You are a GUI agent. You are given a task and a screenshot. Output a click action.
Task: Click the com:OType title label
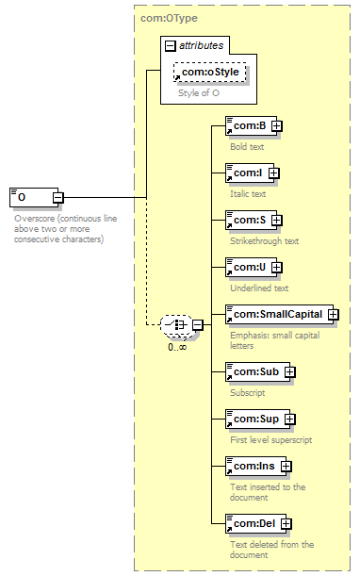(x=169, y=18)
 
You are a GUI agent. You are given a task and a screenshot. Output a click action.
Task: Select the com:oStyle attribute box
(x=210, y=72)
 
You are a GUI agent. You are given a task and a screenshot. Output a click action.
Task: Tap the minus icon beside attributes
(x=170, y=46)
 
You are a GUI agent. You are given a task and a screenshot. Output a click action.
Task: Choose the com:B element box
(x=252, y=126)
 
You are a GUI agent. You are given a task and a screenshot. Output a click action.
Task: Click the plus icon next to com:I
(x=274, y=173)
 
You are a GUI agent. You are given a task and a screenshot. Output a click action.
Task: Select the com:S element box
(x=252, y=220)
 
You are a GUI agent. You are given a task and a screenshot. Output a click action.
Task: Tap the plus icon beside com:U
(x=277, y=268)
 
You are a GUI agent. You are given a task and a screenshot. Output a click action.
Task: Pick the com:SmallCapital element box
(x=280, y=315)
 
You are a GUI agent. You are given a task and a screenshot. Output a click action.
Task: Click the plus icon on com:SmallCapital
(x=334, y=315)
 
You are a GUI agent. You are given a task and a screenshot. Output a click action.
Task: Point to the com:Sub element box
(x=258, y=371)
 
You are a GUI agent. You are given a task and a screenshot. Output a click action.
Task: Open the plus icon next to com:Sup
(x=290, y=420)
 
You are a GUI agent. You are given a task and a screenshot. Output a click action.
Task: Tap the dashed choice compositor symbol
(x=176, y=325)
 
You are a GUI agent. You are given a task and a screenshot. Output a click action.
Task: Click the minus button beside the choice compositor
(x=198, y=325)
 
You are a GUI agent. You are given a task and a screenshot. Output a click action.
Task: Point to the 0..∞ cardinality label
(x=177, y=347)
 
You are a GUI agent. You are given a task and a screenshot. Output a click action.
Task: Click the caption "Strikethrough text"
(x=265, y=241)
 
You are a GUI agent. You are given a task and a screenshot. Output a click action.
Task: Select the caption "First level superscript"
(x=271, y=439)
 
